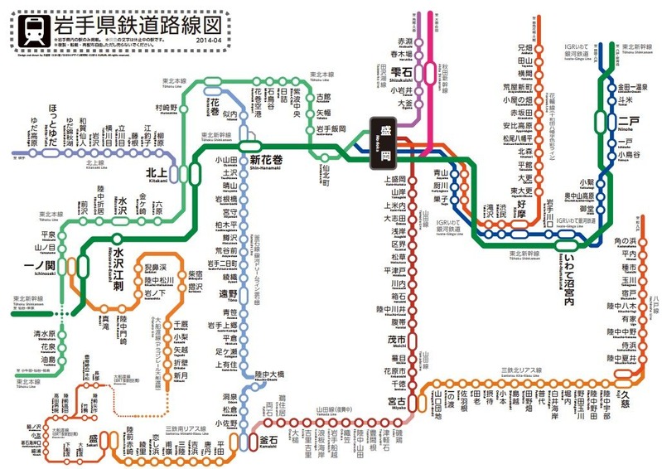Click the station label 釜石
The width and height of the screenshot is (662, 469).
pos(269,438)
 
